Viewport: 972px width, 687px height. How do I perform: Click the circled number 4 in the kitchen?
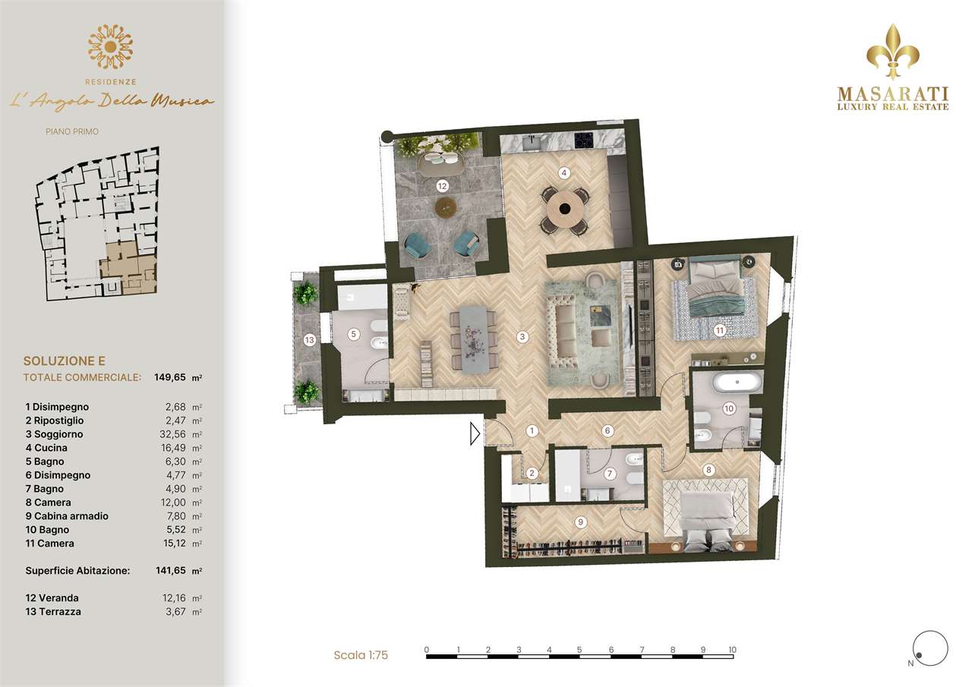coord(563,173)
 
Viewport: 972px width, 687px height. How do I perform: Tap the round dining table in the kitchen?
coord(564,209)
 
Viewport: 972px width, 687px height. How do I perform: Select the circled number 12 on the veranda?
coord(442,187)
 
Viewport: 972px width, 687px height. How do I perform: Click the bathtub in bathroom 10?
coord(737,383)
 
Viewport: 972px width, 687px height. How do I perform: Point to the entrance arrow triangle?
coord(475,433)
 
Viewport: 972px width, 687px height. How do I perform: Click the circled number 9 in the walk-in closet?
coord(581,522)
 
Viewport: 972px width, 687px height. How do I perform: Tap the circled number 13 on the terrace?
coord(309,340)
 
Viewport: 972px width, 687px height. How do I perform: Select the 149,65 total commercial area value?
coord(169,377)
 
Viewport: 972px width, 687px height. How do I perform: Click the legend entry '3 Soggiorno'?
coord(54,434)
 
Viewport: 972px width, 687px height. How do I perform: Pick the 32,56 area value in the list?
coord(172,434)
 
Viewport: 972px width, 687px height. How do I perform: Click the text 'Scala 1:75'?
coord(361,655)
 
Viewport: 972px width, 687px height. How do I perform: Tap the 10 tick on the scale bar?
coord(733,650)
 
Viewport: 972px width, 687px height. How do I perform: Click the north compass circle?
coord(930,648)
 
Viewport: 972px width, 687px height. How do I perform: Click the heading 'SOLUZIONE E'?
coord(65,361)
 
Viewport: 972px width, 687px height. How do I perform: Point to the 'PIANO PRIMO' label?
coord(72,131)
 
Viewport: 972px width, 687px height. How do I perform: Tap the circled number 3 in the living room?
coord(522,336)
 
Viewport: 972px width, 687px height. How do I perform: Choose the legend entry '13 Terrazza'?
coord(53,612)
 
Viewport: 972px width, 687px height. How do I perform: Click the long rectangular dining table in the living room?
coord(473,339)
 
